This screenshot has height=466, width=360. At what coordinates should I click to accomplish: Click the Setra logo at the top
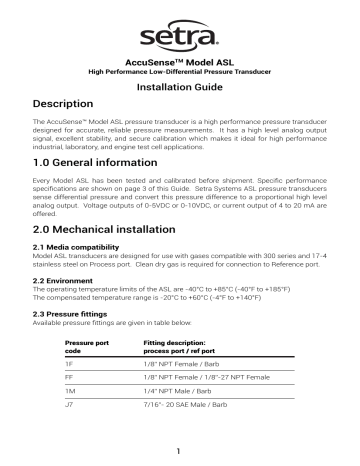pyautogui.click(x=181, y=37)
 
